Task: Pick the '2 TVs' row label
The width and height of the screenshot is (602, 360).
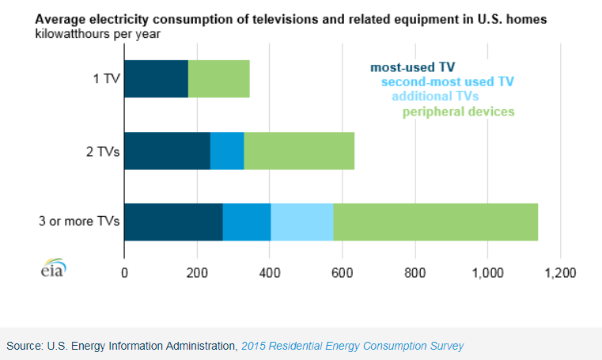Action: [101, 150]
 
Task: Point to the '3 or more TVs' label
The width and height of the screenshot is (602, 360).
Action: [83, 222]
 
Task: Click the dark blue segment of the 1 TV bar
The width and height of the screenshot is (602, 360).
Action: [156, 79]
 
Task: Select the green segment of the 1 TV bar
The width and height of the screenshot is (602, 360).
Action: [219, 79]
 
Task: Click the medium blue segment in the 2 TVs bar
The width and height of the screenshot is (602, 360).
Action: [227, 150]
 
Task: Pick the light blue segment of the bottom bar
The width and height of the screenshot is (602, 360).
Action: [302, 222]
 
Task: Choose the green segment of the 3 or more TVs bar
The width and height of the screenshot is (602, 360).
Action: [435, 222]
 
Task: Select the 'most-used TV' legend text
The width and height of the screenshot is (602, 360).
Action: [412, 66]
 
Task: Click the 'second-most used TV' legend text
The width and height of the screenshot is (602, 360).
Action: [448, 81]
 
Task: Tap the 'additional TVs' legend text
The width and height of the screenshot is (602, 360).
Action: [436, 96]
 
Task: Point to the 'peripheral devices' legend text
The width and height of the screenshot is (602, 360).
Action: [459, 112]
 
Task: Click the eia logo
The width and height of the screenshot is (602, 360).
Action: [54, 269]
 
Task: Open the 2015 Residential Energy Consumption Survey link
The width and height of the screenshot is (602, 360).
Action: [352, 346]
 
